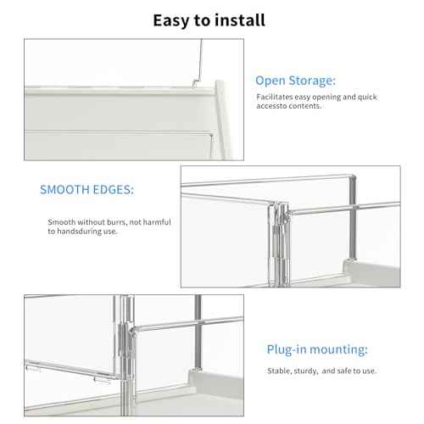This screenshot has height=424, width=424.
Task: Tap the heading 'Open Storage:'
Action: click(x=295, y=81)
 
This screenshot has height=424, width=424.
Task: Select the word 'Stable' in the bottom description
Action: click(x=267, y=370)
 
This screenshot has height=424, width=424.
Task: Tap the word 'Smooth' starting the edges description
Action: click(x=62, y=222)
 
